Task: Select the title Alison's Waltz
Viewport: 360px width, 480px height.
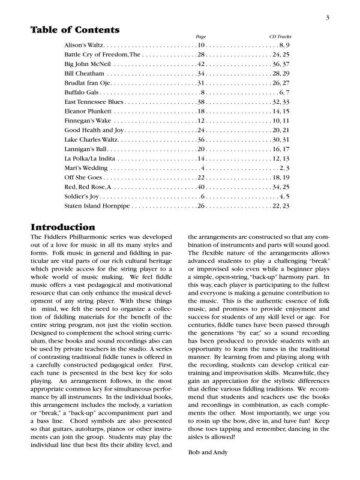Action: click(84, 46)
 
